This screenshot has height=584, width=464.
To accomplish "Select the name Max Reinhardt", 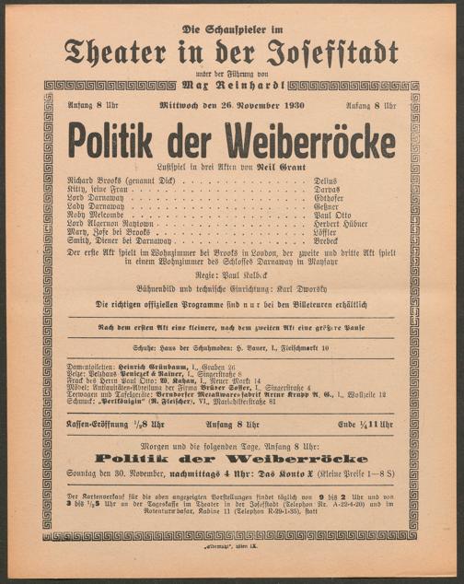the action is point(234,85).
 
